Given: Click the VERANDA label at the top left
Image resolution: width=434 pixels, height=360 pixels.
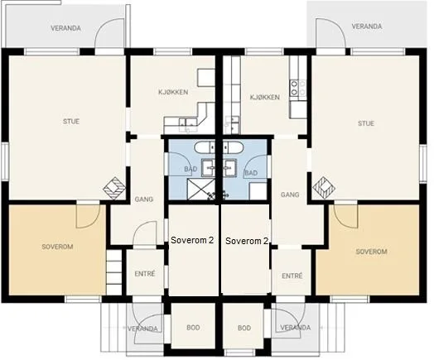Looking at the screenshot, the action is [65, 28].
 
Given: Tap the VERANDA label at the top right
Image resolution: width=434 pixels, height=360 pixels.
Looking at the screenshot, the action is [367, 26].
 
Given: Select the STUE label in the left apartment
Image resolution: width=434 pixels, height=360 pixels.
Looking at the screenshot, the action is [71, 122].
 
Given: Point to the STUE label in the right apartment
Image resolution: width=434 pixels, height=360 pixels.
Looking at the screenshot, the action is [366, 123].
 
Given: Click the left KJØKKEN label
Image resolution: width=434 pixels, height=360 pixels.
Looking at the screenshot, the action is [173, 92].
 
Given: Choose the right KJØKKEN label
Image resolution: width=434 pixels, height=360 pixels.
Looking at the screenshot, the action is [265, 98].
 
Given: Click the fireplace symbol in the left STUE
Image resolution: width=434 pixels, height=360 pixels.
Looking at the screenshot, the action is [114, 188].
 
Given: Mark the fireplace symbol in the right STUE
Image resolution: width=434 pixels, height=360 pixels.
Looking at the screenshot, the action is [324, 188].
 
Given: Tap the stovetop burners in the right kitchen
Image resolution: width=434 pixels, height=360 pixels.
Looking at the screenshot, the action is [298, 88].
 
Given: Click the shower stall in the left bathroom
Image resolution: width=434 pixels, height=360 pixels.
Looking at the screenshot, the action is [201, 190].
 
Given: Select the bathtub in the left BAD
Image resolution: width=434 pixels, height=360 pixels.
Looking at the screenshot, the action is [205, 147].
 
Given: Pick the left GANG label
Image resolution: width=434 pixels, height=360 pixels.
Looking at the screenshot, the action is [144, 199].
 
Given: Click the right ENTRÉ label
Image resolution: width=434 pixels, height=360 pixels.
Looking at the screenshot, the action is [292, 276].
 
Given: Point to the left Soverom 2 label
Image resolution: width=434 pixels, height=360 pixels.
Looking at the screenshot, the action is [192, 240].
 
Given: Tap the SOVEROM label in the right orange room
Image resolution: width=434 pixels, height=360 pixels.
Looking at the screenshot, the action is [371, 252].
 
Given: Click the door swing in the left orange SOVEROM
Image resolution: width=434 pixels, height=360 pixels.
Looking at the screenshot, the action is [88, 216].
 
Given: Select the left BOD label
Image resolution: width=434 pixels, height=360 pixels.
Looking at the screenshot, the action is [193, 328].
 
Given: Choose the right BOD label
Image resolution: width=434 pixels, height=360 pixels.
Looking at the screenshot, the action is [244, 328].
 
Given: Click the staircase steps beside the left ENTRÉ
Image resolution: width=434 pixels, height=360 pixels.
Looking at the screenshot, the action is [114, 272].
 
